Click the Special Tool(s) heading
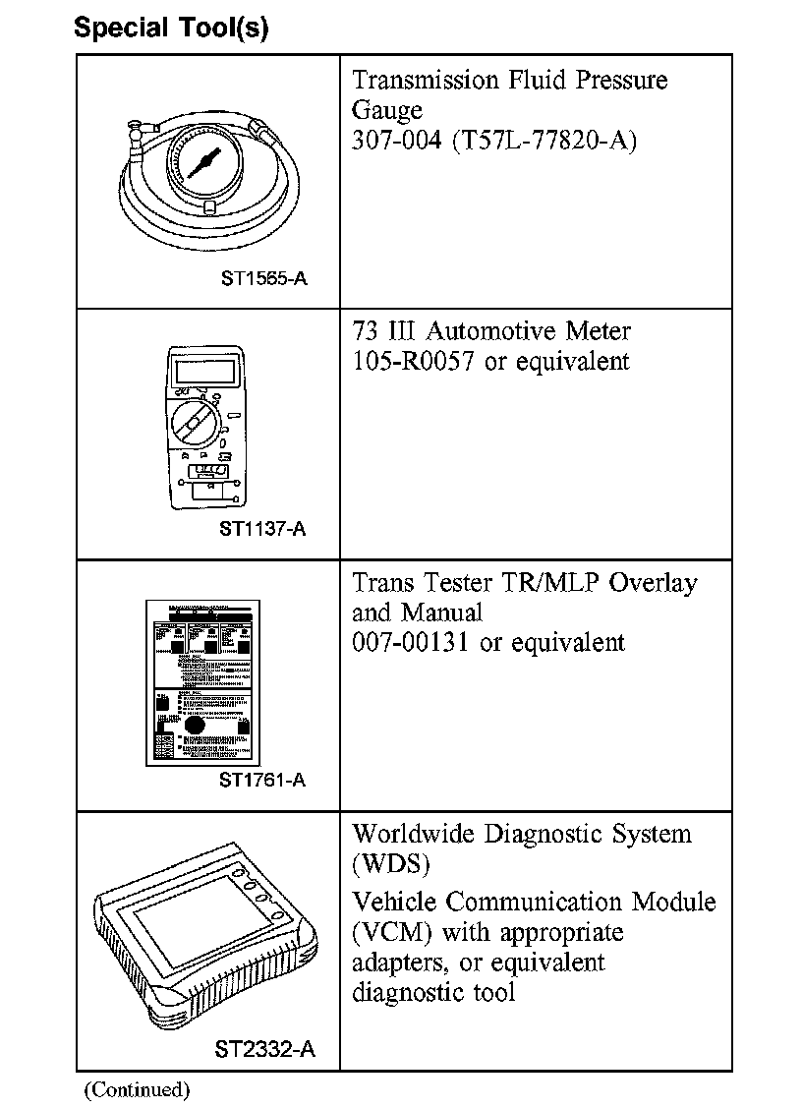coord(171,29)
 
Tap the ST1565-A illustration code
coord(264,278)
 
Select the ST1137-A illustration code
coord(262,529)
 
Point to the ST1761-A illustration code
coord(262,780)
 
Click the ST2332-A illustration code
coord(264,1049)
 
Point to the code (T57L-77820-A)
coord(544,141)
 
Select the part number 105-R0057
coord(414,361)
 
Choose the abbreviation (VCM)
coord(389,931)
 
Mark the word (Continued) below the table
coord(137,1088)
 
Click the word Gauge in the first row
coord(387,110)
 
